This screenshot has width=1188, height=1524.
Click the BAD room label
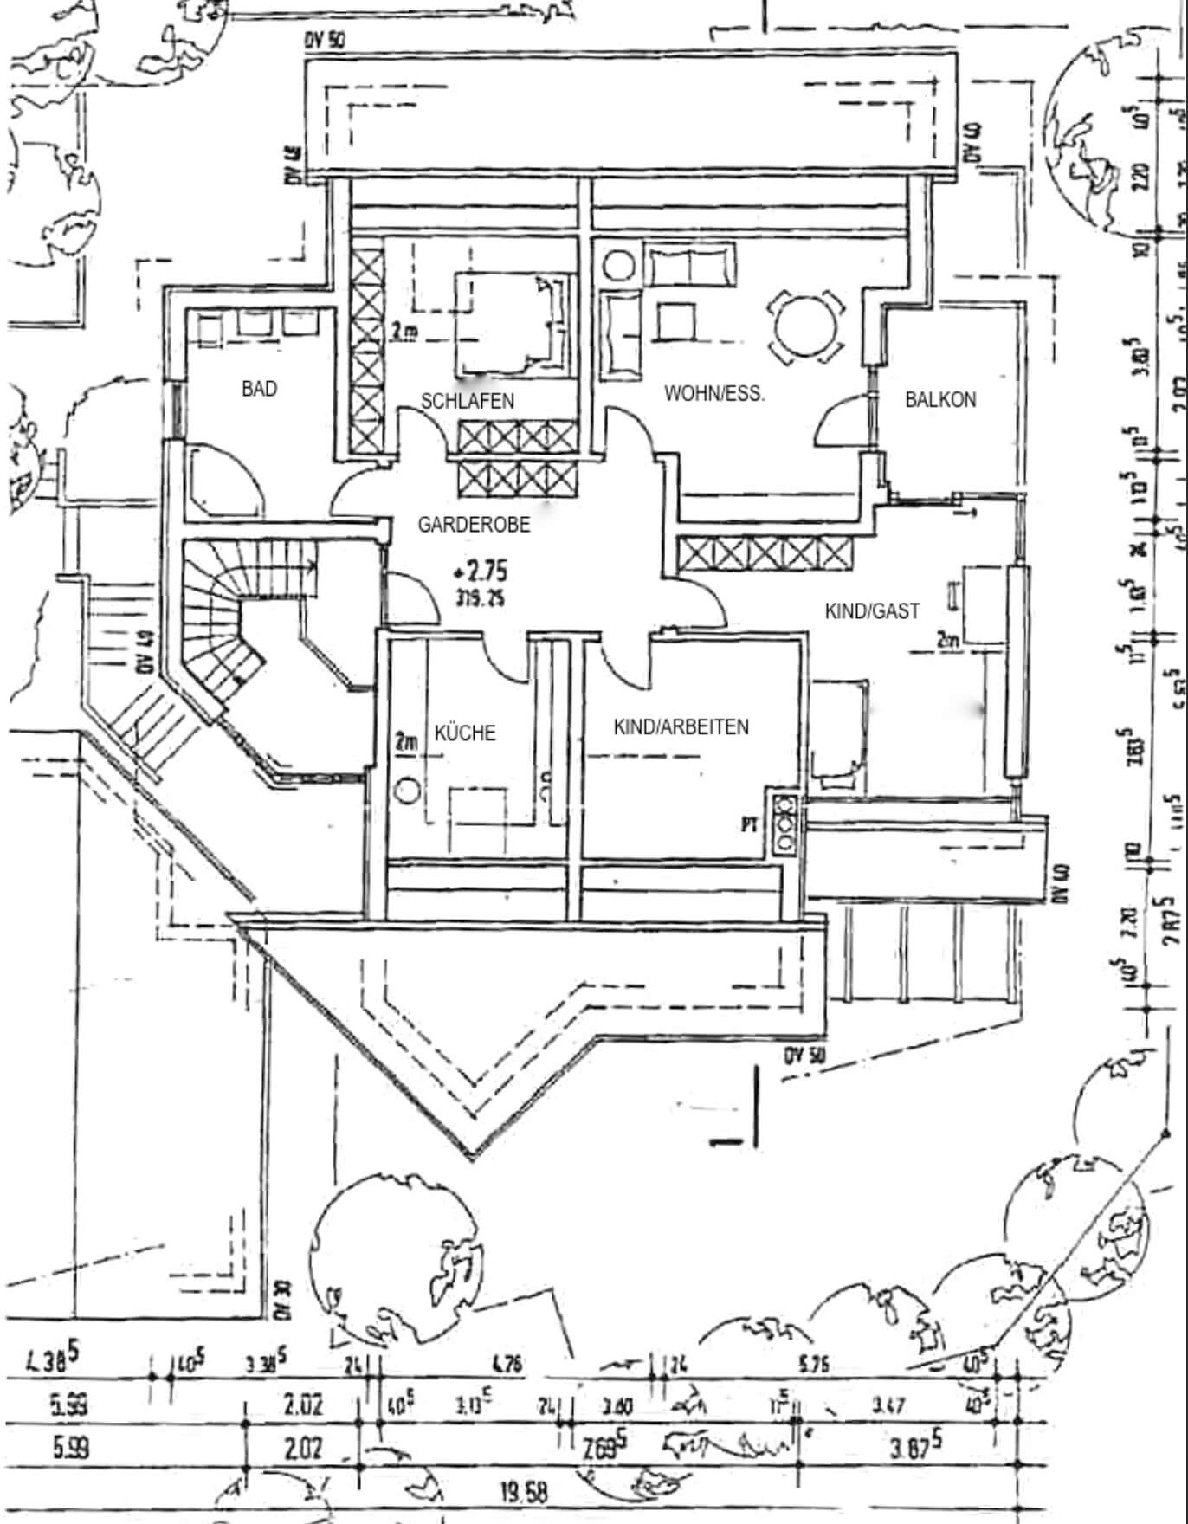259,389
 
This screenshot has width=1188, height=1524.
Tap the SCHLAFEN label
468,401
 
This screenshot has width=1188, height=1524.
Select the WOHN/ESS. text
714,393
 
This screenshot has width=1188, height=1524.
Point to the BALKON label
940,399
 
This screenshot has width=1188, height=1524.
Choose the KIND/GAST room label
872,610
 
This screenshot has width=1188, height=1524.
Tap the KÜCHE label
465,733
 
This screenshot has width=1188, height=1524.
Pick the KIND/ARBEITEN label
681,726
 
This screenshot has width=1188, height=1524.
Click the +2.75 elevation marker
480,571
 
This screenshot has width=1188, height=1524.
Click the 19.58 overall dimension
524,1491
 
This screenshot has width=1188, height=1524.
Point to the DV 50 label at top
325,41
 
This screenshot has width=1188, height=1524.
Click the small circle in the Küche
408,790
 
